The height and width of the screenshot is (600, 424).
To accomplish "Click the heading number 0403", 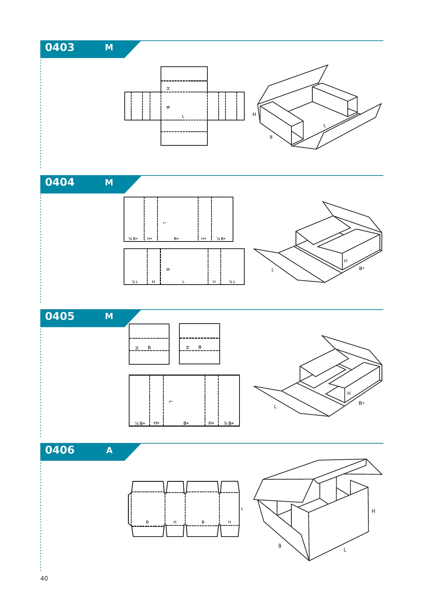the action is [59, 47].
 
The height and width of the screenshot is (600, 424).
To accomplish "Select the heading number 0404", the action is [59, 182].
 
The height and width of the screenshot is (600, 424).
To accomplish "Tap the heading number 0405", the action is [59, 316].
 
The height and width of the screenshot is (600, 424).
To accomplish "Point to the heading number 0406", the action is [59, 450].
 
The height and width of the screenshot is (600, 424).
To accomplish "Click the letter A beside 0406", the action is [109, 450].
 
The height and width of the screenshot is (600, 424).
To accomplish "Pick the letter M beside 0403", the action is [109, 47].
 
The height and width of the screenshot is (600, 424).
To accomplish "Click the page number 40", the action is [44, 578].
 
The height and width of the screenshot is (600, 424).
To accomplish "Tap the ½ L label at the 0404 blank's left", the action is [135, 282].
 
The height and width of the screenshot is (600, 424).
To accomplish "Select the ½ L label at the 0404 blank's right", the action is [232, 282].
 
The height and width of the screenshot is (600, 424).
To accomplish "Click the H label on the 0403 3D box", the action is [254, 114].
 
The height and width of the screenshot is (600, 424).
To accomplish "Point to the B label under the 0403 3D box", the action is [271, 137].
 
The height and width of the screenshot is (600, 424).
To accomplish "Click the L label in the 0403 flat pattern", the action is [183, 117].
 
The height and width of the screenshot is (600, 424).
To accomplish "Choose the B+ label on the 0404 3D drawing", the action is [362, 269].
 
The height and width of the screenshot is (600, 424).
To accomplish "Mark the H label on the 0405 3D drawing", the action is [349, 393].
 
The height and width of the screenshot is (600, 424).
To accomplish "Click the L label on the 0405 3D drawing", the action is [275, 407].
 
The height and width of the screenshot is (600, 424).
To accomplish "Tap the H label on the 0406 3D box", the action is [373, 511].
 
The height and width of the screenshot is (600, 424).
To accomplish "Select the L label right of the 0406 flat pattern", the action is [242, 509].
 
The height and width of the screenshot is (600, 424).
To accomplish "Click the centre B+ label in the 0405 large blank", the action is [186, 423].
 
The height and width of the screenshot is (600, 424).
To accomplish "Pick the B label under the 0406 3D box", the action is [280, 546].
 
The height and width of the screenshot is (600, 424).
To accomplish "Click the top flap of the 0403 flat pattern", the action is [184, 74].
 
